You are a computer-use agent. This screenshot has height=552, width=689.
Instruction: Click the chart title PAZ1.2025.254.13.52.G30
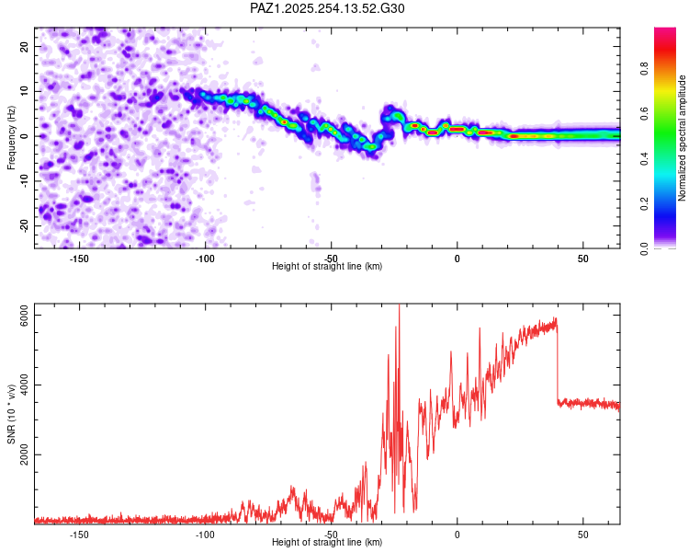coord(328,8)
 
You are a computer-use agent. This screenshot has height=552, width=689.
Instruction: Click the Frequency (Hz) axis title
coord(11,138)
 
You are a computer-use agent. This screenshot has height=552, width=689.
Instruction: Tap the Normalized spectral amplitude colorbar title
coord(683,138)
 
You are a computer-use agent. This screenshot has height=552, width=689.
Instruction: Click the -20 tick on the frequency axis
coord(24,225)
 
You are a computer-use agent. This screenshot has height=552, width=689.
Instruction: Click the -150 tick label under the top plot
coord(78,258)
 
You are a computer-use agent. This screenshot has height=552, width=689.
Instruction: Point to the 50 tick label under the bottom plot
coord(583,534)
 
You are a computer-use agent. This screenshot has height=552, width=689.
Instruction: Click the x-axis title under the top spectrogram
coord(327,267)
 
